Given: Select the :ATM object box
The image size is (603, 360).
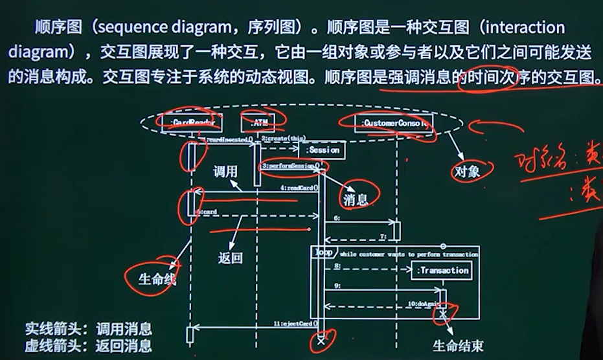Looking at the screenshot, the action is pos(258,122).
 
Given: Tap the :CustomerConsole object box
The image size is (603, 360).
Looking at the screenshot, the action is pos(394,122).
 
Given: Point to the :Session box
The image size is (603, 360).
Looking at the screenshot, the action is pos(322,150).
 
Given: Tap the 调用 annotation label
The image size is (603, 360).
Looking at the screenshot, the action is pos(226,172).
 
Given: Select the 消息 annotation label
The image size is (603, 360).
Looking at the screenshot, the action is pos(355,200).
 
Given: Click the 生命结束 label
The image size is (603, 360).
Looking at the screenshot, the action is pos(458,346).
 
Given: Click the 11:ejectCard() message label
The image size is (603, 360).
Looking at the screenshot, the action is pos(295,322).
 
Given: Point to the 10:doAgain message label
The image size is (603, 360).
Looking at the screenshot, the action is pos(425,303).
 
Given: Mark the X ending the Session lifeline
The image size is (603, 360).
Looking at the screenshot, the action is pos(321,339).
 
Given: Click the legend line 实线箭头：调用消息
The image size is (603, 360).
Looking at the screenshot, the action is pos(88,328).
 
